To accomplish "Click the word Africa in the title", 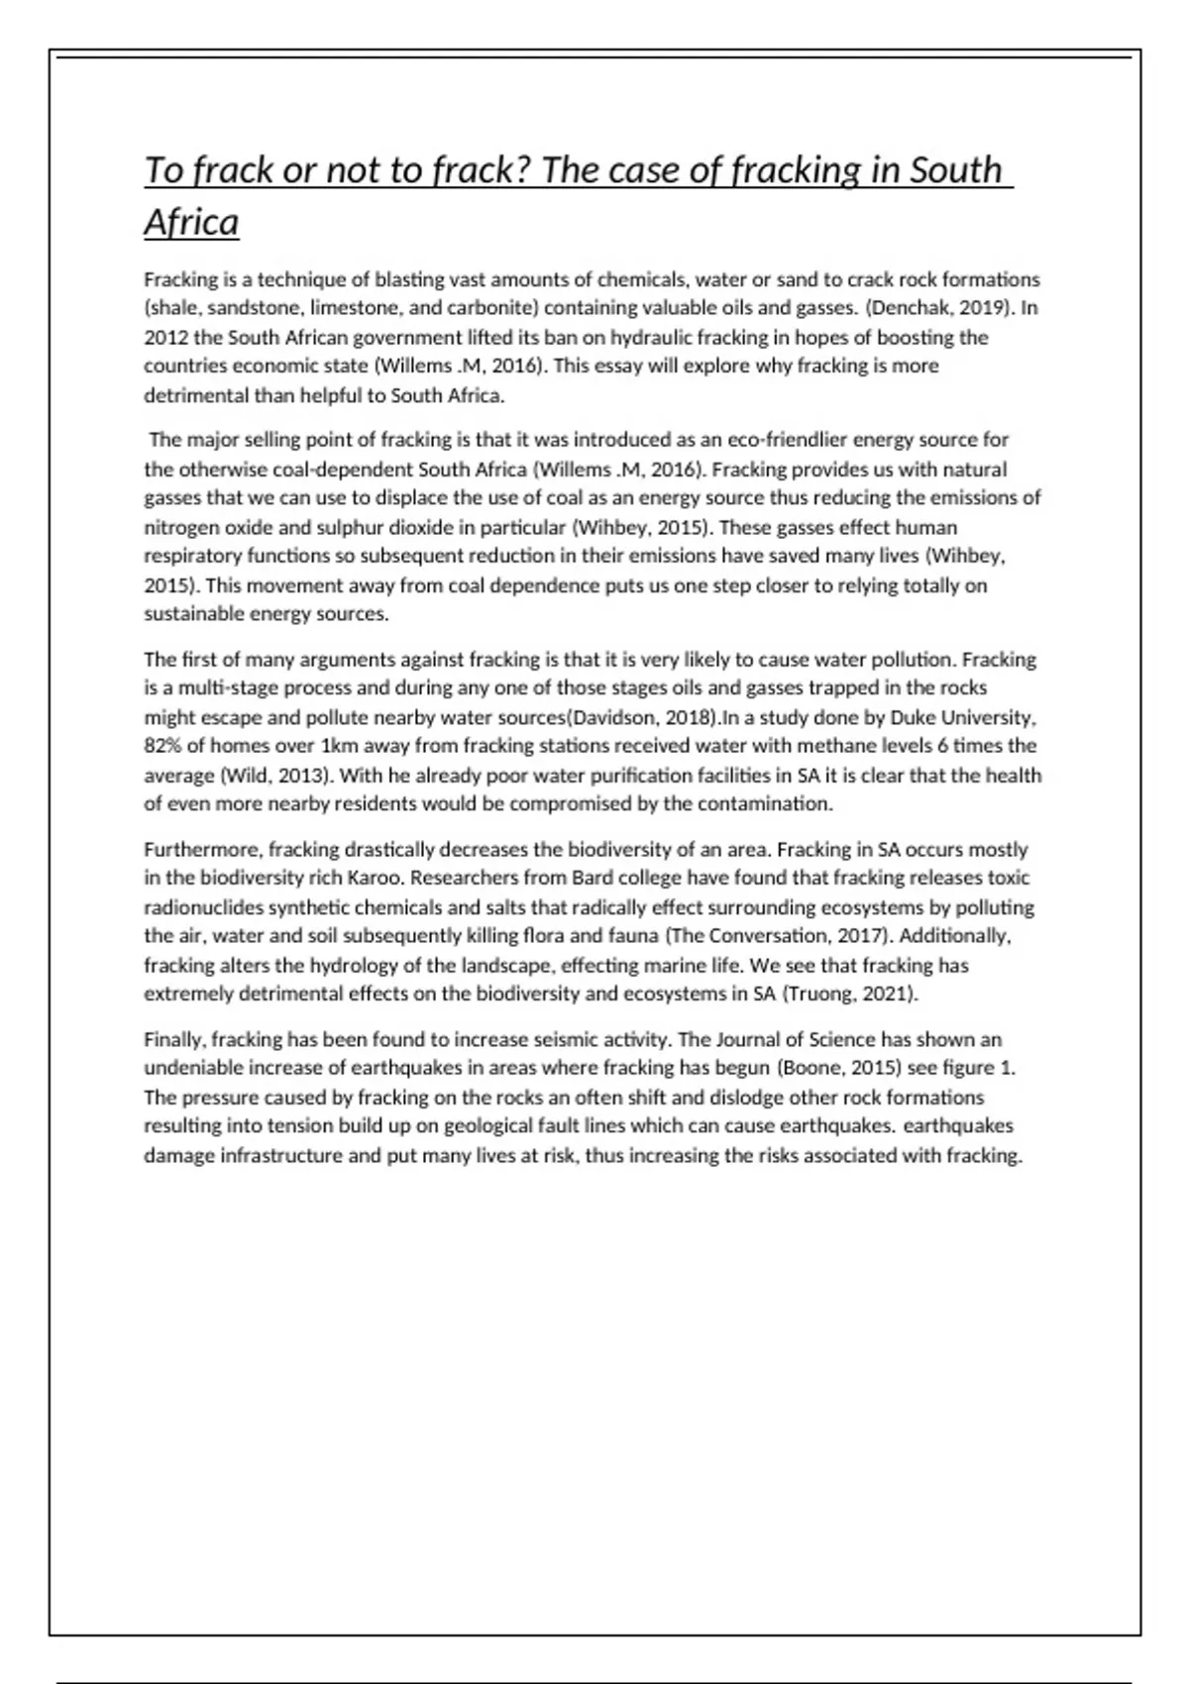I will click(191, 223).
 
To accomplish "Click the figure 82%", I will click(163, 746).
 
